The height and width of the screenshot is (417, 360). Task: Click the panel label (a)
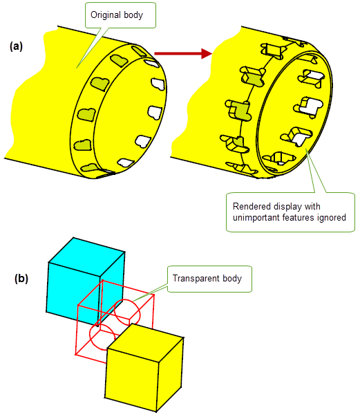click(16, 46)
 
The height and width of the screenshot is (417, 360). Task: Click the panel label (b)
click(21, 279)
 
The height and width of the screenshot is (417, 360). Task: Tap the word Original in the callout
click(106, 15)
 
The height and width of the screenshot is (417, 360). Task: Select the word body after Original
click(133, 15)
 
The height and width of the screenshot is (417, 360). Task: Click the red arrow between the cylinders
click(183, 53)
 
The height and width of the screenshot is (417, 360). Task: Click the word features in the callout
click(298, 218)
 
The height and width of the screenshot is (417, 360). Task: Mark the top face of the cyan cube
click(86, 257)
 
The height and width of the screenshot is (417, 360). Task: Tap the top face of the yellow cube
click(145, 342)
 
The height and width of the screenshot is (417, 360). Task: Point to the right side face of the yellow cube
click(171, 375)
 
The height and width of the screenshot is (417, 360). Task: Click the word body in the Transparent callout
click(232, 279)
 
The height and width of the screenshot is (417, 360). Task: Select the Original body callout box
click(120, 15)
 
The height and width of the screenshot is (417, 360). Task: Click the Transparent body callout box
click(209, 279)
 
